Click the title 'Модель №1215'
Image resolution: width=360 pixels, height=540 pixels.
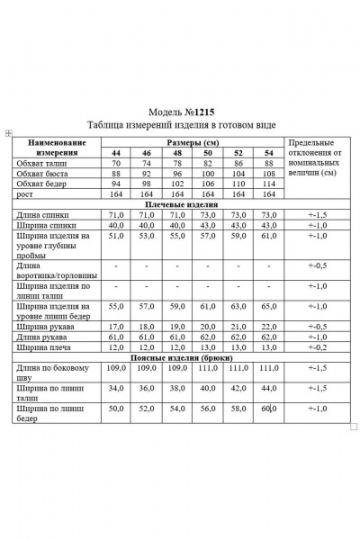181,111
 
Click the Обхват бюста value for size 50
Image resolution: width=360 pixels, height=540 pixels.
208,174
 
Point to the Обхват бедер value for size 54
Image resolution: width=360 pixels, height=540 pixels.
269,184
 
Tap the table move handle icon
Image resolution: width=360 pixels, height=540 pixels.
8,133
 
